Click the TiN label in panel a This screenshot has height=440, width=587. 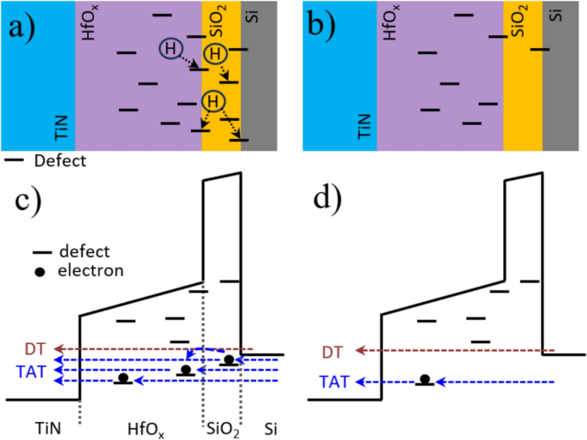click(x=61, y=130)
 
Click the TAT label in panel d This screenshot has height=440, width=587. click(x=334, y=382)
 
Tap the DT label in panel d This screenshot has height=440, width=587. click(x=337, y=351)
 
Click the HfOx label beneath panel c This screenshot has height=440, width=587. click(x=143, y=426)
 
